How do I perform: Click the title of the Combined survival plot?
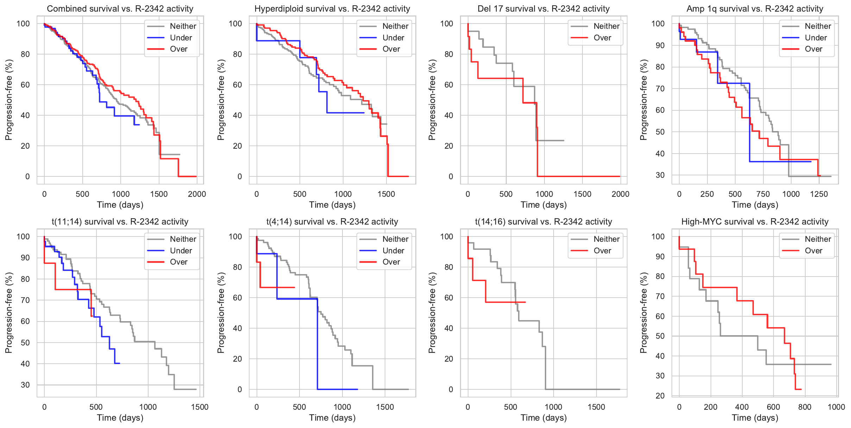pyautogui.click(x=120, y=9)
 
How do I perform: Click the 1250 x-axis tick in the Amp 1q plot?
pyautogui.click(x=819, y=194)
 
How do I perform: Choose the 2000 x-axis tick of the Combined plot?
pyautogui.click(x=197, y=194)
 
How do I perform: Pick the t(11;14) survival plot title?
pyautogui.click(x=120, y=222)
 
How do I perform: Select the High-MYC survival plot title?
pyautogui.click(x=755, y=222)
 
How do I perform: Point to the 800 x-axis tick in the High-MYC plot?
pyautogui.click(x=805, y=407)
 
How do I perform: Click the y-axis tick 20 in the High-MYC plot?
pyautogui.click(x=660, y=396)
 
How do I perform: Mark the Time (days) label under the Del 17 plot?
pyautogui.click(x=543, y=205)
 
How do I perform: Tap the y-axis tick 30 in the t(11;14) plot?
pyautogui.click(x=25, y=385)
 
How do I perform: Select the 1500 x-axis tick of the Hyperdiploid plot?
pyautogui.click(x=386, y=194)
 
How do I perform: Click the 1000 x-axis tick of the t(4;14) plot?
pyautogui.click(x=342, y=407)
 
